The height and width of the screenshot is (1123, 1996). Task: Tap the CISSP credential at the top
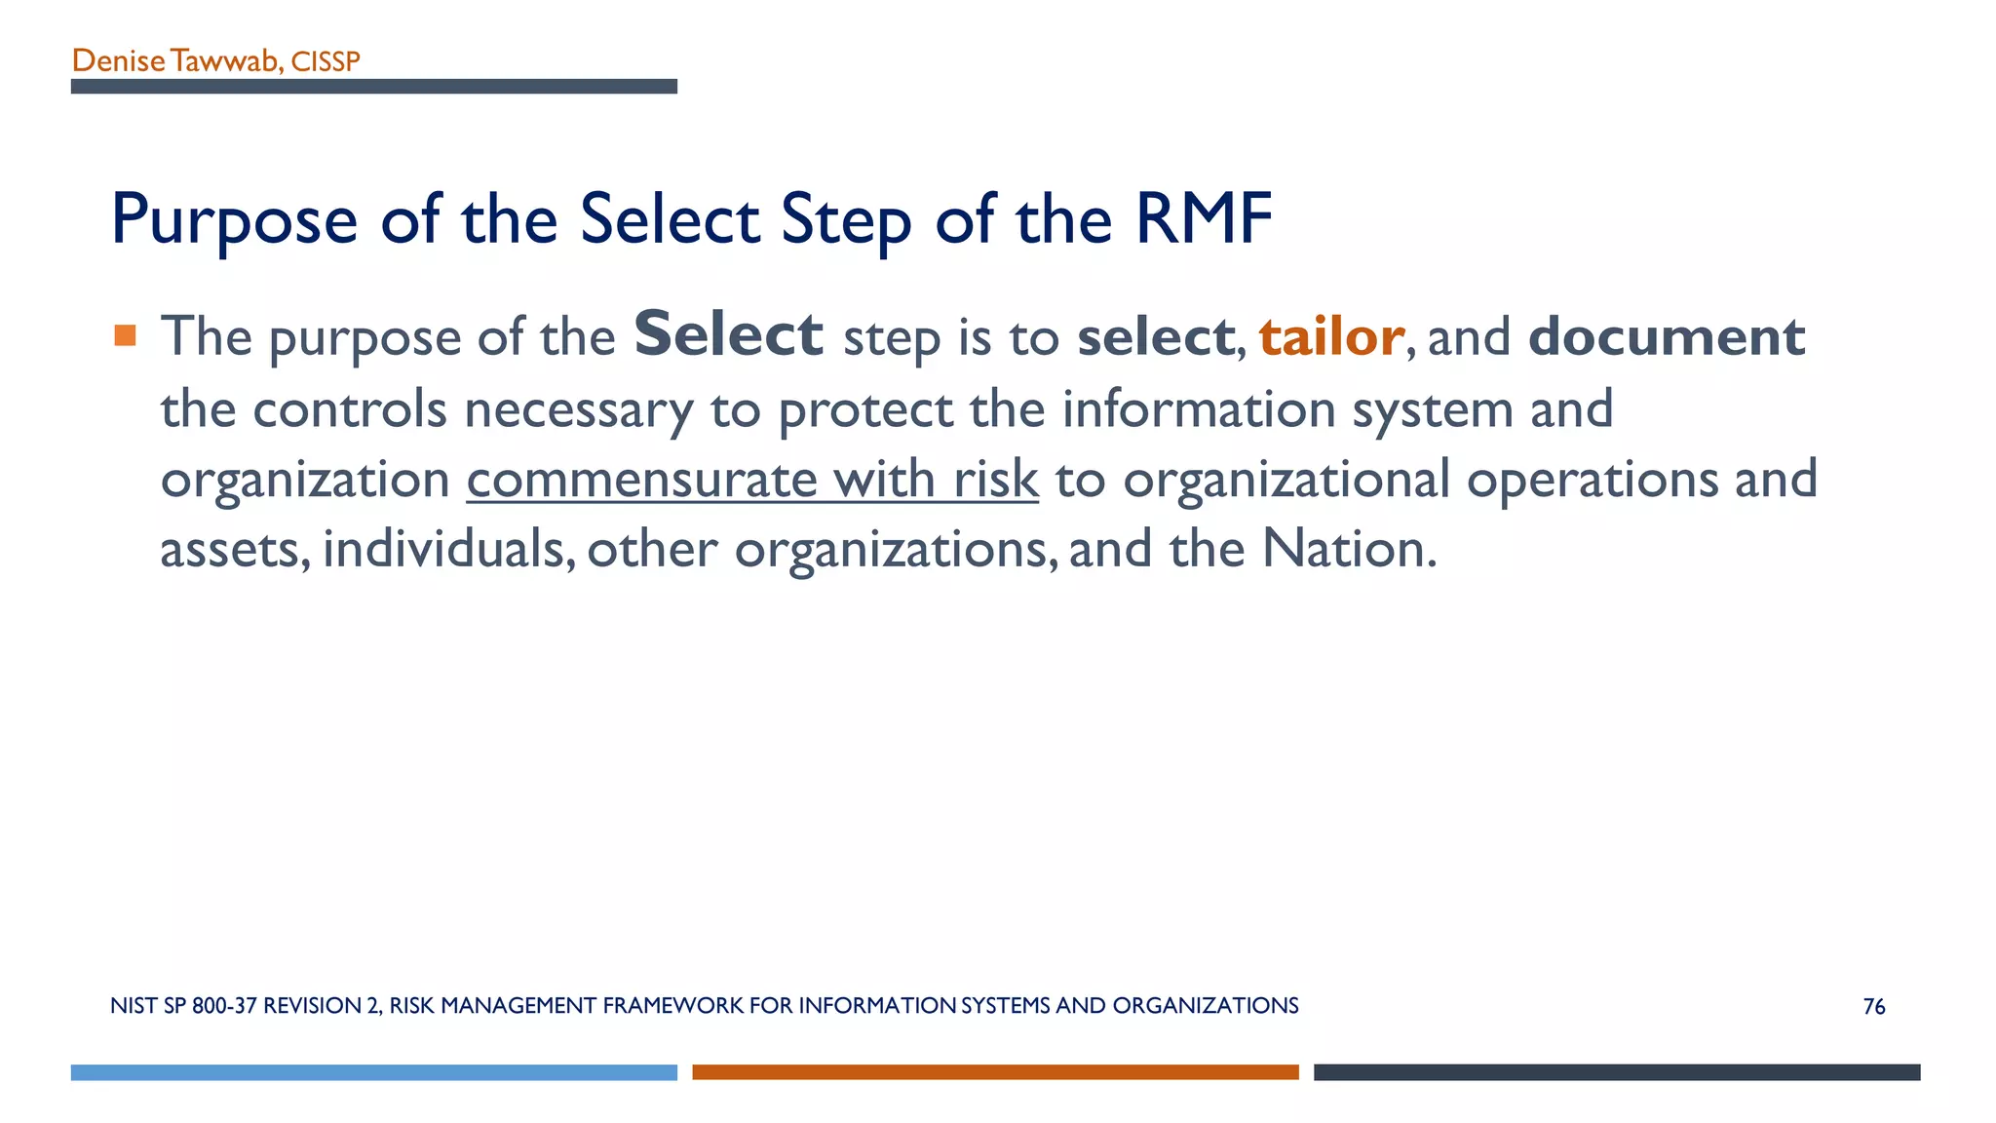pos(326,62)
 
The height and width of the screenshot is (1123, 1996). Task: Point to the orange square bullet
pos(125,335)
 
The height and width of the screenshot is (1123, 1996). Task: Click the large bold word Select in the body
pos(728,334)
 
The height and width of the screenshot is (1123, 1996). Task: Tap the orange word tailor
pos(1331,337)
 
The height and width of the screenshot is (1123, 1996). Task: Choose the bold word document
pos(1667,337)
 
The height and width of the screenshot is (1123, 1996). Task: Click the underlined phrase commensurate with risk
pos(752,480)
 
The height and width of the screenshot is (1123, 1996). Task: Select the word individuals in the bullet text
pos(443,549)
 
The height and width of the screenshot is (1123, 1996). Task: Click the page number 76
pos(1873,1007)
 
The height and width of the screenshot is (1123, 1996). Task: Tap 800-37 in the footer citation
pos(224,1006)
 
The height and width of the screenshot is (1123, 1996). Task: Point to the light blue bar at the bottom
pos(373,1072)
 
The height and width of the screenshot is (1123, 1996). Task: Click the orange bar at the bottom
pos(995,1072)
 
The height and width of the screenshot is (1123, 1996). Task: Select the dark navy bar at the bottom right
pos(1617,1072)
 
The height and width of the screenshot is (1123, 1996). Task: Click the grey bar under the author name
pos(373,87)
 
